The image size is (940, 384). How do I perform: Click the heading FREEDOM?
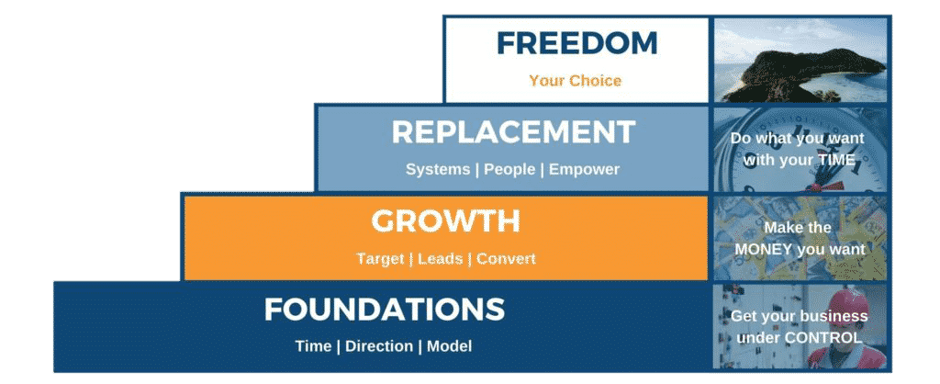pyautogui.click(x=576, y=43)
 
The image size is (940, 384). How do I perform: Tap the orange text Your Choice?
pyautogui.click(x=575, y=81)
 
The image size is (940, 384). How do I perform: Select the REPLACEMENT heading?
pyautogui.click(x=513, y=132)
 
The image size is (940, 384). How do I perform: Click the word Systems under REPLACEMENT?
pyautogui.click(x=438, y=169)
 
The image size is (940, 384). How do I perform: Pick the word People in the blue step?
pyautogui.click(x=509, y=169)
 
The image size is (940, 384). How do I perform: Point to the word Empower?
pyautogui.click(x=584, y=169)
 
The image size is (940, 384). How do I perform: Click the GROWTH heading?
pyautogui.click(x=445, y=221)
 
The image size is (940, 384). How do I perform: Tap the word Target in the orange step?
pyautogui.click(x=379, y=258)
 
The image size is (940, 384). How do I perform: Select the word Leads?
pyautogui.click(x=440, y=258)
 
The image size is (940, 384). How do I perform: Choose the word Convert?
pyautogui.click(x=506, y=258)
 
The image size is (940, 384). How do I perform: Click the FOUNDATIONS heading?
pyautogui.click(x=385, y=310)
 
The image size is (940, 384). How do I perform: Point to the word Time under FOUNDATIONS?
pyautogui.click(x=313, y=346)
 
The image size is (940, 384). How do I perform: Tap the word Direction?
pyautogui.click(x=379, y=346)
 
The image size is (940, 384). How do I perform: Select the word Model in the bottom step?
pyautogui.click(x=449, y=346)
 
